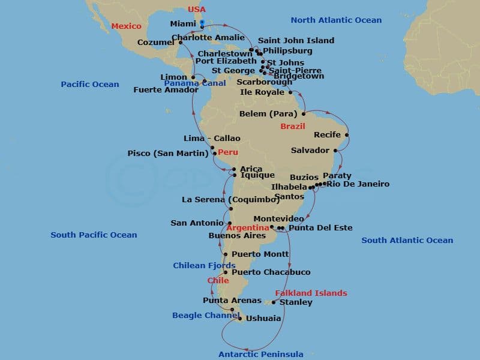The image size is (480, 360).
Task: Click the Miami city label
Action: point(183,24)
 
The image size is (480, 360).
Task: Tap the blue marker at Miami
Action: point(202,23)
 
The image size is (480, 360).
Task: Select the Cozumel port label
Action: point(156,43)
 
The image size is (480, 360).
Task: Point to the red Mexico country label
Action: point(127,26)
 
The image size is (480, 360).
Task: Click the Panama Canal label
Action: point(187,83)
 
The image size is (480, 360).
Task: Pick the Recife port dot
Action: point(347,134)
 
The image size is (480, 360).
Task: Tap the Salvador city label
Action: point(310,150)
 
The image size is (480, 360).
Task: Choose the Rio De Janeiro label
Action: point(358,184)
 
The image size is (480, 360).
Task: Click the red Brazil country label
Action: point(293,127)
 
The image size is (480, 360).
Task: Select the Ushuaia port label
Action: point(264,319)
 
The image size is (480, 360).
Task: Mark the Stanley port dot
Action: point(274,302)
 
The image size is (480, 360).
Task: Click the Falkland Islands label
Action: point(311,293)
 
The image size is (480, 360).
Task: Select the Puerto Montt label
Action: point(260,254)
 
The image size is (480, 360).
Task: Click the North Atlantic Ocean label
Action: point(336,20)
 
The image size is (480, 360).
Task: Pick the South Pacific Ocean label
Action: point(94,235)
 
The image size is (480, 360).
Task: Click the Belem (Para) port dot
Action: point(304,113)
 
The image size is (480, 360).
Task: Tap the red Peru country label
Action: point(227,152)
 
